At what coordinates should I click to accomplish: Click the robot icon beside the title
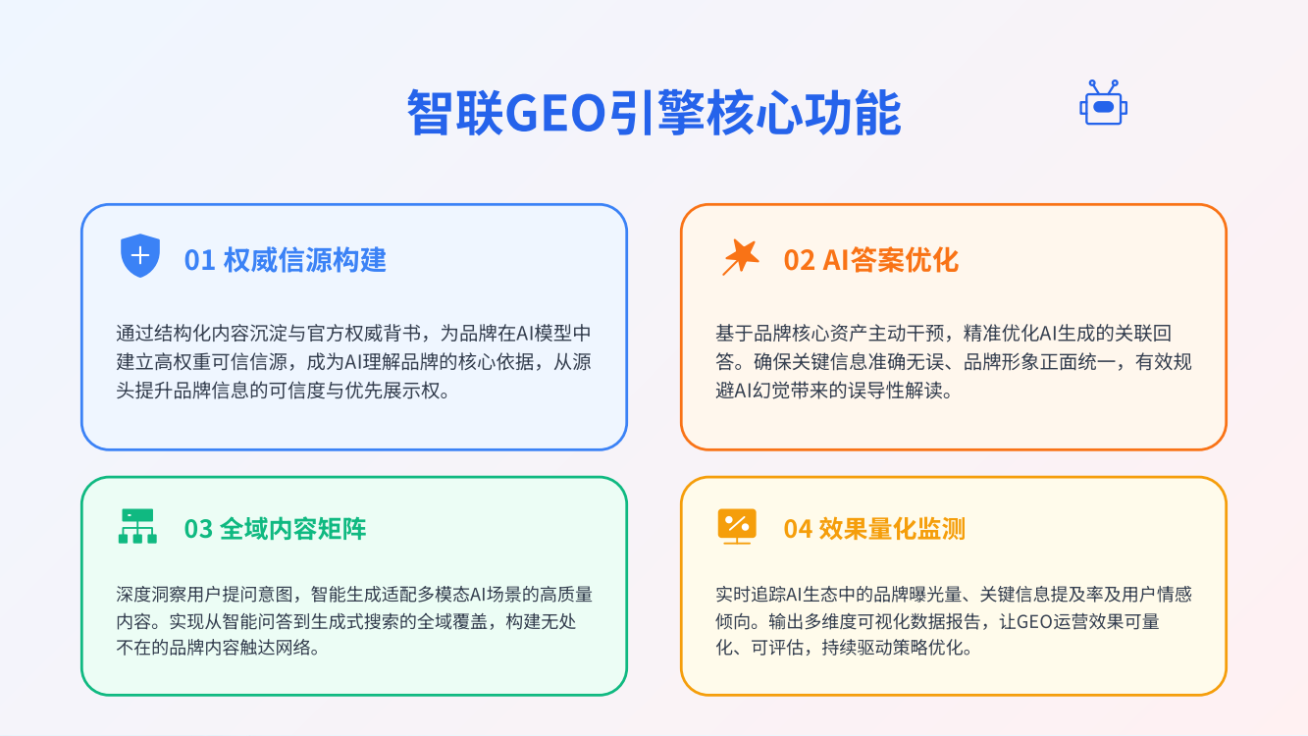[x=1103, y=103]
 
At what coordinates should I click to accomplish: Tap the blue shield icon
[x=140, y=256]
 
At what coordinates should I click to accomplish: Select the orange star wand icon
[x=741, y=257]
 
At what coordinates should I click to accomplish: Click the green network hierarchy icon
[x=137, y=526]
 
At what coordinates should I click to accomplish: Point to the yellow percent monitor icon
[x=737, y=526]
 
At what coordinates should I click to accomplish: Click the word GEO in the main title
[x=554, y=113]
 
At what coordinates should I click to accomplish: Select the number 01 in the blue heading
[x=199, y=260]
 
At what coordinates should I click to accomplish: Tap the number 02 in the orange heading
[x=799, y=260]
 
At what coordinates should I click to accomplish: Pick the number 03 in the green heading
[x=198, y=529]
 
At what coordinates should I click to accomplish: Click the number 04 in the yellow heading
[x=798, y=529]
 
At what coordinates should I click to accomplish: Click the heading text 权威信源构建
[x=305, y=260]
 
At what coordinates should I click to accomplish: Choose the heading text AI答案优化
[x=891, y=260]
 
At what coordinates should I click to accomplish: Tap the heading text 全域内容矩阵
[x=293, y=529]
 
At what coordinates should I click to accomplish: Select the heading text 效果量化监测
[x=892, y=529]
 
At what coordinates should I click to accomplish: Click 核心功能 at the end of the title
[x=804, y=113]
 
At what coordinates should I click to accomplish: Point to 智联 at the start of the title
[x=455, y=113]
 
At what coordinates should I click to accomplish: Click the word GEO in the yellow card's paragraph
[x=1033, y=621]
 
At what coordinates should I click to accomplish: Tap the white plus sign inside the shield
[x=140, y=255]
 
